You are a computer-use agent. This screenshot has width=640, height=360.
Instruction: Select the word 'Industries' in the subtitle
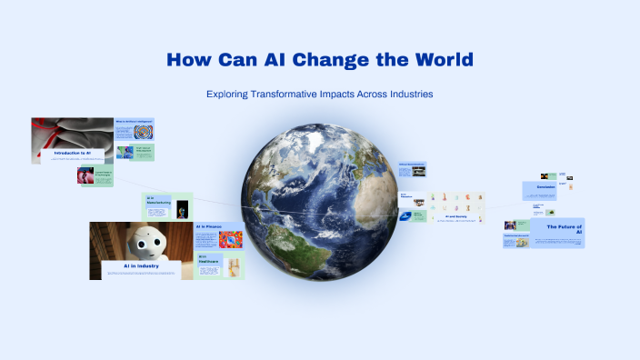[404, 94]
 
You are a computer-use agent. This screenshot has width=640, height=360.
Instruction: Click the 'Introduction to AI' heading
[72, 153]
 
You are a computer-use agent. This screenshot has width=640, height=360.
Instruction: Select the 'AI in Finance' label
[208, 227]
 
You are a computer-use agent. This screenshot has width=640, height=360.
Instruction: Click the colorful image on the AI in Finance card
[230, 240]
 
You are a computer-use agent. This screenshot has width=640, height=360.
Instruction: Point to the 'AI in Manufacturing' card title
[156, 199]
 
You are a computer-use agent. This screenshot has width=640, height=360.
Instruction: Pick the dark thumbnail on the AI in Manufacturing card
[182, 208]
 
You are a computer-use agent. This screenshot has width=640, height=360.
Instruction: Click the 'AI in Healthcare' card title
[207, 258]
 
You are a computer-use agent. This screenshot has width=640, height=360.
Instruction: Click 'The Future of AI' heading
[564, 227]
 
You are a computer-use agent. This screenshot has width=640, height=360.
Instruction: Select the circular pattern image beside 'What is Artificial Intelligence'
[143, 131]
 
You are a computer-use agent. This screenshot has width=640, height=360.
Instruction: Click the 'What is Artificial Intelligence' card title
[133, 121]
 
